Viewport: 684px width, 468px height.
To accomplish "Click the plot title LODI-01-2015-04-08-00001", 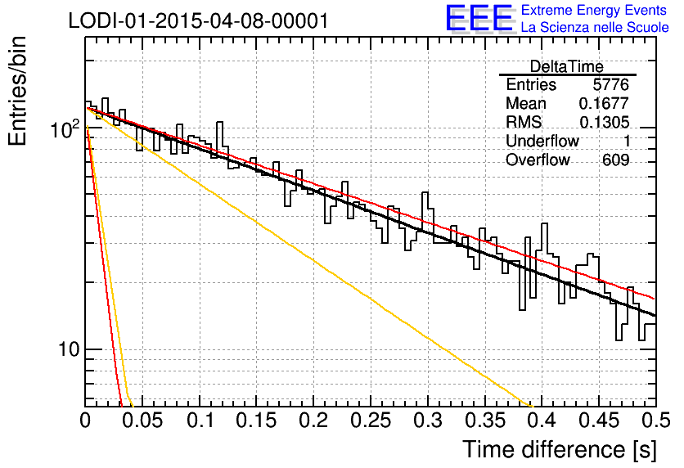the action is coord(198,20).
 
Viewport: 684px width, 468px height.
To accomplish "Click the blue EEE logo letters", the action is coord(479,18).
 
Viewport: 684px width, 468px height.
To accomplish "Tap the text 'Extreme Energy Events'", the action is coord(594,10).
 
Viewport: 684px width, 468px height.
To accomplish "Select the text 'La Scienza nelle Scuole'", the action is coord(595,28).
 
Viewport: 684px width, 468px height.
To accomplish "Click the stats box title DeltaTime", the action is coord(567,66).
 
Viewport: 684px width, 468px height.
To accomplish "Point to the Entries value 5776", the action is coord(610,84).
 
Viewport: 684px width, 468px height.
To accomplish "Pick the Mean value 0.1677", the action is coord(604,103).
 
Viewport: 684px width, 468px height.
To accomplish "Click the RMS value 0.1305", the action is coord(604,123).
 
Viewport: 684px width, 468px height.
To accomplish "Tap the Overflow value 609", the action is coord(616,160).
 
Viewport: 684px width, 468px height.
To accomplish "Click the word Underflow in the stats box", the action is coord(542,141).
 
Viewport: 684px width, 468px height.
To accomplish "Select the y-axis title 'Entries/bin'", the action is coord(17,91).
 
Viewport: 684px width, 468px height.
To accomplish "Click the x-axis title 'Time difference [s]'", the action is coord(560,450).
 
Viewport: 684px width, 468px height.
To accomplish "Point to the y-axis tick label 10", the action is coord(69,349).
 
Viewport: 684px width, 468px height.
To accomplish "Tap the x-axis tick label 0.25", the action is coord(371,421).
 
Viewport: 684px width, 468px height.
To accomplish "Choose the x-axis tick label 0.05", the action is coord(142,421).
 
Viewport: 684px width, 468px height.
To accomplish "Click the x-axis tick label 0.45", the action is coord(599,421).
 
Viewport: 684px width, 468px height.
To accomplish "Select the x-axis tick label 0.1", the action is coord(200,421).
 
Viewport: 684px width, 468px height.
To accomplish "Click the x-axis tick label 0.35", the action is coord(485,421).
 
